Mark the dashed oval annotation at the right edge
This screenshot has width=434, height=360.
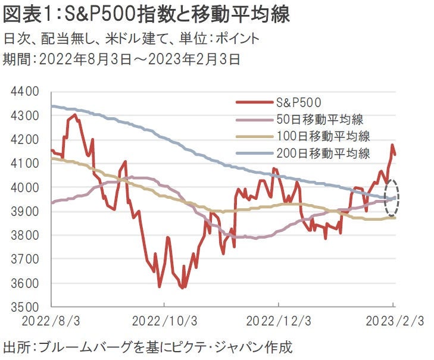point(392,198)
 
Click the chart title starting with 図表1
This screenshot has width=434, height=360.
point(146,15)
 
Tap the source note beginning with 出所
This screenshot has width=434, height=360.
point(148,346)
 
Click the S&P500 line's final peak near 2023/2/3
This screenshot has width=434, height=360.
point(392,145)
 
